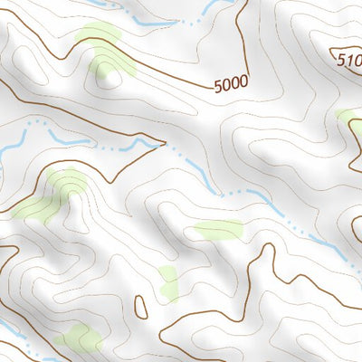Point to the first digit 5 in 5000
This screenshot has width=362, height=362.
219,87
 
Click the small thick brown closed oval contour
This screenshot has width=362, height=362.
140,307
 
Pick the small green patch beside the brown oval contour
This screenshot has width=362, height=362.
168,283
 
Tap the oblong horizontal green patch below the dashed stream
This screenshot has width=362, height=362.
218,229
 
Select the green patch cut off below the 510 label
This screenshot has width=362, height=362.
350,120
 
